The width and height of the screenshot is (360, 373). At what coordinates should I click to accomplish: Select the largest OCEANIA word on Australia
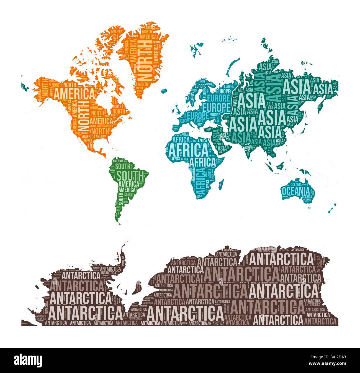[x=295, y=191]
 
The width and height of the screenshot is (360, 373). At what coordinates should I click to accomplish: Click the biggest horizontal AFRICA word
[x=188, y=150]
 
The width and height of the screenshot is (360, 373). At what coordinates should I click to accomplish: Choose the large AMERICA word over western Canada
[x=74, y=93]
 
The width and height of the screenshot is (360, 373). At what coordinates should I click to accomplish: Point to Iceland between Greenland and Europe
[x=165, y=90]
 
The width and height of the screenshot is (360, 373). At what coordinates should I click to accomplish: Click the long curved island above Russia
[x=233, y=64]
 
